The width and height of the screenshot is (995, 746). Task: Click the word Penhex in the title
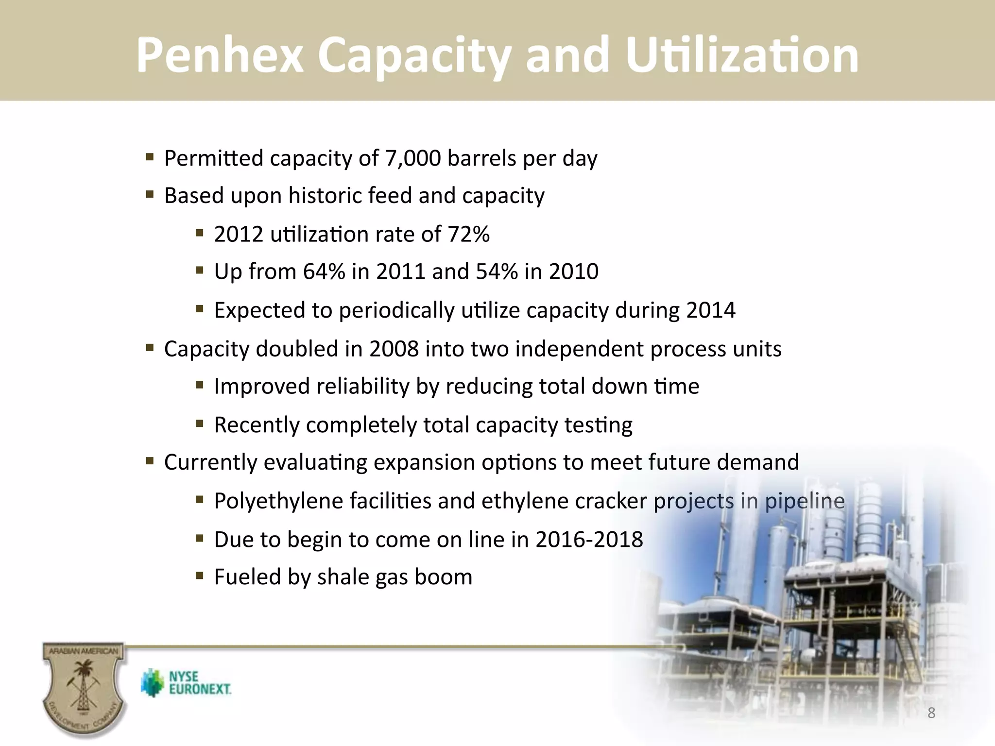219,56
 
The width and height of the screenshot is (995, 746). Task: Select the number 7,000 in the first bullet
412,158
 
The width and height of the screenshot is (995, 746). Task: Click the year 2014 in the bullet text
711,310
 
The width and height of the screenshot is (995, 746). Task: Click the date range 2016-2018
589,540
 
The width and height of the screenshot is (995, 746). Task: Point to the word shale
343,577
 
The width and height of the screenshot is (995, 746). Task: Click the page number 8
931,713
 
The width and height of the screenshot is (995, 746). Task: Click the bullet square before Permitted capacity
150,157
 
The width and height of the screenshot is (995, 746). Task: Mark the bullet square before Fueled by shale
199,576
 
